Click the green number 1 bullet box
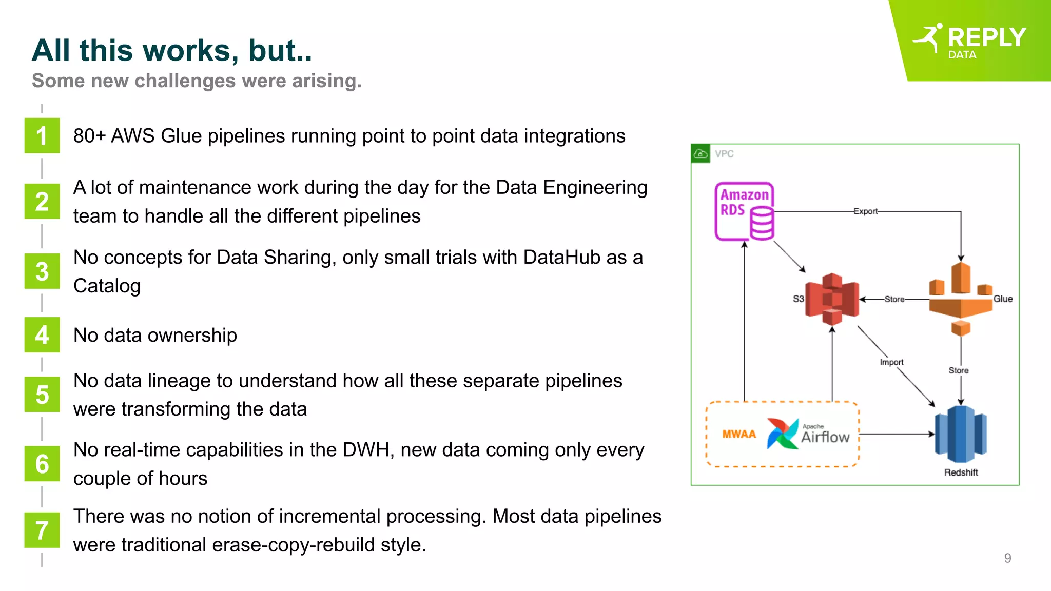tap(42, 136)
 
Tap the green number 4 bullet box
tap(42, 335)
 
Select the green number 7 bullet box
tap(42, 530)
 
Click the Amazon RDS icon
tap(744, 211)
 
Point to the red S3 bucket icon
tap(832, 299)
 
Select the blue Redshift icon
tap(961, 434)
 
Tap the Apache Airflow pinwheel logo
tap(783, 434)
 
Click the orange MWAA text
tap(739, 434)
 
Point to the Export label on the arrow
tap(865, 211)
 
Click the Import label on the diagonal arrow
tap(891, 362)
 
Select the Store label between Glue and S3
tap(894, 299)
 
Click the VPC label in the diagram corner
tap(724, 154)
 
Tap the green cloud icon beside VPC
tap(700, 153)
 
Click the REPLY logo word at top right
tap(986, 37)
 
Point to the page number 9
tap(1007, 558)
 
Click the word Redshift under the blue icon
tap(961, 472)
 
